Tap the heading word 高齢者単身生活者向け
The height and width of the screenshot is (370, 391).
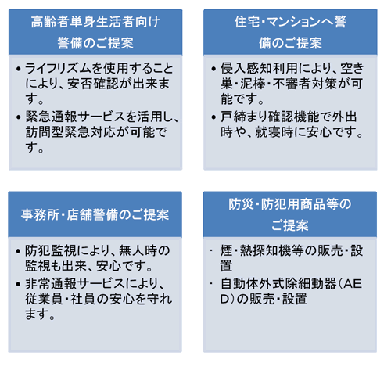tap(95, 22)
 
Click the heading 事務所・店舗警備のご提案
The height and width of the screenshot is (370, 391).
tap(95, 214)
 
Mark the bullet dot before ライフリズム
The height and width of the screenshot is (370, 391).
tap(18, 69)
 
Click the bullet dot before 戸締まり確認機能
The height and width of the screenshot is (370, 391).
tap(213, 117)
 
